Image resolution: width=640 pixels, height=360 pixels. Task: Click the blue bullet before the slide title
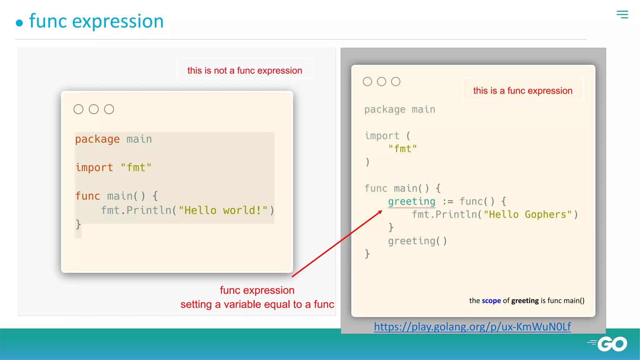(19, 23)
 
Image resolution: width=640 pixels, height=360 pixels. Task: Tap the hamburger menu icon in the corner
(622, 14)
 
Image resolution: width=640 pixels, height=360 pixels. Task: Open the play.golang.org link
(472, 327)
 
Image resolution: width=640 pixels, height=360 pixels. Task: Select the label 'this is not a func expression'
(245, 71)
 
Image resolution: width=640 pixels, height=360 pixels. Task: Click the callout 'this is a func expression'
(522, 91)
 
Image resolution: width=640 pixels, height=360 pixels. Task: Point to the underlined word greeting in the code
(412, 202)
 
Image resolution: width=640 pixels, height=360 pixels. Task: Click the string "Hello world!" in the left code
(223, 210)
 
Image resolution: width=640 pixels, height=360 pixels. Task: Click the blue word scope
(491, 301)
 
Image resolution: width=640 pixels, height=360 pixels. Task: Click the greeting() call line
(417, 241)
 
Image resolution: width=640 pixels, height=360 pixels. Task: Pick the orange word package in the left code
(97, 139)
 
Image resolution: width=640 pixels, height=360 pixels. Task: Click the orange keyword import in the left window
(94, 167)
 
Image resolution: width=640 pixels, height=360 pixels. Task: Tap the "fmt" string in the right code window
(402, 149)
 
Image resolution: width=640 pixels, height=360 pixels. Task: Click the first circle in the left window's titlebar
(78, 109)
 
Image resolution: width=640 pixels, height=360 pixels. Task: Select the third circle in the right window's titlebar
(396, 82)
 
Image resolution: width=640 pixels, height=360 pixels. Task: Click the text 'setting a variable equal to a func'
(257, 304)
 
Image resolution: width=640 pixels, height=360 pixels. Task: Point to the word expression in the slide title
(118, 22)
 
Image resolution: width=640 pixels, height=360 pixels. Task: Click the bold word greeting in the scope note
(525, 301)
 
